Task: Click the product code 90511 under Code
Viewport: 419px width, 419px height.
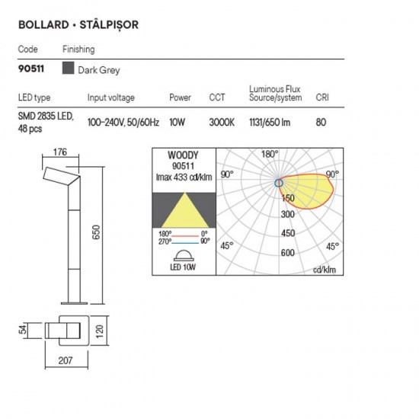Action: tap(31, 69)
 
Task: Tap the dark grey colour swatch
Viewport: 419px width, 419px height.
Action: tap(68, 68)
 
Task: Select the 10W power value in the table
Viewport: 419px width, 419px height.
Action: tap(177, 123)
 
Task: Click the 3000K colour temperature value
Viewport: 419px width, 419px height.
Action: tap(222, 123)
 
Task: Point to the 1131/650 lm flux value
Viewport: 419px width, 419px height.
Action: tap(270, 123)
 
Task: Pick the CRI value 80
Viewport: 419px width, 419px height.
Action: tap(321, 123)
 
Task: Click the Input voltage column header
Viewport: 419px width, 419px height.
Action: tap(111, 98)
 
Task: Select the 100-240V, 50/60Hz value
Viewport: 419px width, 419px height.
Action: tap(123, 123)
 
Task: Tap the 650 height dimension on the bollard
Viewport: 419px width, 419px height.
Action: tap(96, 232)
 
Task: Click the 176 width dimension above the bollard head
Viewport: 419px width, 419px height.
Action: tap(60, 152)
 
